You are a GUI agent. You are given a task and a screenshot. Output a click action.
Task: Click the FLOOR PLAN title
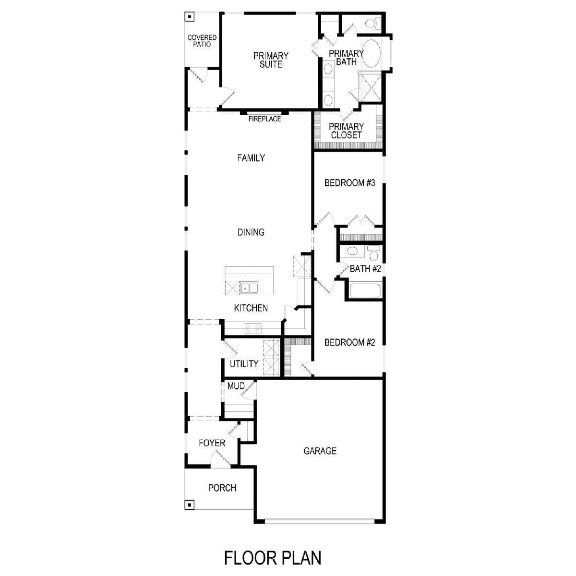click(x=272, y=558)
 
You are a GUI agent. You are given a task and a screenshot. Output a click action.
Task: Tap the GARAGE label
click(x=320, y=451)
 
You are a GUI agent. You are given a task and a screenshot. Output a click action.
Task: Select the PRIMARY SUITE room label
click(x=271, y=60)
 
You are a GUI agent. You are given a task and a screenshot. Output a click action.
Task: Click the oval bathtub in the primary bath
click(x=372, y=54)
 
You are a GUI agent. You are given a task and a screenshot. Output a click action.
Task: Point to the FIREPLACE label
click(x=264, y=119)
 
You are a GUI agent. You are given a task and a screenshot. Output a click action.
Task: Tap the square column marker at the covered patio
click(x=189, y=17)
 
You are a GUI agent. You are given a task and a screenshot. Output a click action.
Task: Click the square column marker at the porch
click(x=189, y=504)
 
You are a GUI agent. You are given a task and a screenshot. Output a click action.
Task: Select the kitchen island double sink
click(x=249, y=288)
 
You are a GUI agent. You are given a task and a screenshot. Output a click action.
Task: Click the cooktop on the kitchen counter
click(x=252, y=328)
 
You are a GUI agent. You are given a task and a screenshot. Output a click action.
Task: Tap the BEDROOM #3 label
click(x=349, y=182)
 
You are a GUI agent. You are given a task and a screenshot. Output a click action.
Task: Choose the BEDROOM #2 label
click(x=349, y=342)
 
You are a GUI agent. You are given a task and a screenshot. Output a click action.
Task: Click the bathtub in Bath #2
click(x=365, y=291)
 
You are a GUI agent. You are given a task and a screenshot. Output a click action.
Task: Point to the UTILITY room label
click(x=244, y=364)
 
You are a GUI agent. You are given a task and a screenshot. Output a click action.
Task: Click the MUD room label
click(x=236, y=386)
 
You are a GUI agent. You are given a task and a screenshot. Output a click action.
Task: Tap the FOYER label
click(x=212, y=443)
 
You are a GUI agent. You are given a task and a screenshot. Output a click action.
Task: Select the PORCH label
click(x=222, y=488)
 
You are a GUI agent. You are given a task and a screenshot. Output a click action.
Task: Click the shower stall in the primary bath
click(x=371, y=87)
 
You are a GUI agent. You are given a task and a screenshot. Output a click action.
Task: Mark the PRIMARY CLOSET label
click(x=346, y=131)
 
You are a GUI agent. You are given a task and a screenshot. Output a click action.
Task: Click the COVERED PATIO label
click(x=202, y=41)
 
